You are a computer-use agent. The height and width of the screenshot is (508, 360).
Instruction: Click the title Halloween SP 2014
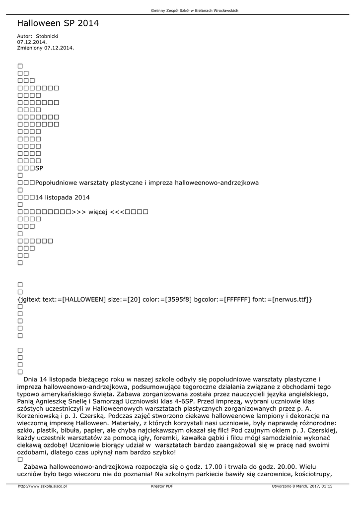click(58, 23)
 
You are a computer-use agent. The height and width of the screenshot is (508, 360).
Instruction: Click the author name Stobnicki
click(47, 36)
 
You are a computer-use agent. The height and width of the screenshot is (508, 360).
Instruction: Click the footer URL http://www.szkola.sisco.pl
click(42, 486)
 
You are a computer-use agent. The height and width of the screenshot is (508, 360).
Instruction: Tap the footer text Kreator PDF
click(162, 486)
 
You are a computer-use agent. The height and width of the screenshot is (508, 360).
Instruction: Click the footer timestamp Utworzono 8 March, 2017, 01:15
click(302, 486)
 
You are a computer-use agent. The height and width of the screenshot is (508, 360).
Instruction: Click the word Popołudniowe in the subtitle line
click(57, 183)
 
